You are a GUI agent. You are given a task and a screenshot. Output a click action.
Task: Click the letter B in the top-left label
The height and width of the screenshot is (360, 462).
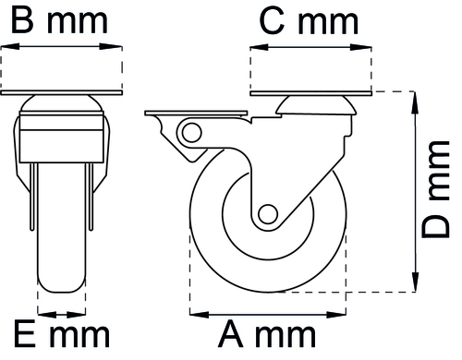22,22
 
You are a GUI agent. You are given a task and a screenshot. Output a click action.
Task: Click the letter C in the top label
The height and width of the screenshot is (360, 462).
272,22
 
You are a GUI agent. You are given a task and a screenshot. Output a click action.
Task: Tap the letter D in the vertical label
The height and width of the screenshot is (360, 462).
435,226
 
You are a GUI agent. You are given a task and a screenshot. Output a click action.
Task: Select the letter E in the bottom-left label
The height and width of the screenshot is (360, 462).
24,334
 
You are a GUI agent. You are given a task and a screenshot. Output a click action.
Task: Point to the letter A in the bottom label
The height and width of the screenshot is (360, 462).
230,334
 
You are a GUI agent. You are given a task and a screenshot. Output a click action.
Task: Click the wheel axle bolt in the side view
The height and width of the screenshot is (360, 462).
268,214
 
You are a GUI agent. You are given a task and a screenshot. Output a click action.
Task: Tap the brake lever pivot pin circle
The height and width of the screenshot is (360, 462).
191,133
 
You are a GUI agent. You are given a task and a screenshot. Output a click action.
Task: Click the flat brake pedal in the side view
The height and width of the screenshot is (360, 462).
196,114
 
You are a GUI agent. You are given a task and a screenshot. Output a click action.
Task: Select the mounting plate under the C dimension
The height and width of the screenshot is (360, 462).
310,93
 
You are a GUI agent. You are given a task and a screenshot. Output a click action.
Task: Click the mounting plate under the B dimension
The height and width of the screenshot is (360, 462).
62,92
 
